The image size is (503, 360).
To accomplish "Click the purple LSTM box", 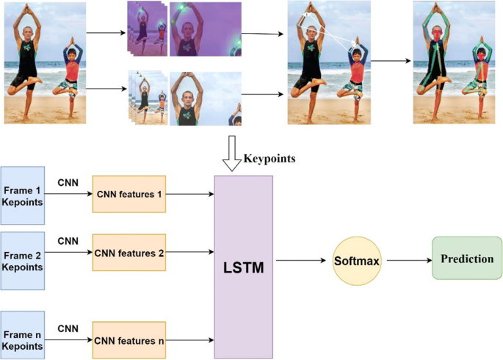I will (242, 265).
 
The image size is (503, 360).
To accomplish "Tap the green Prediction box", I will (467, 259).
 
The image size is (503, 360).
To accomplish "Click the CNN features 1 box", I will (129, 195).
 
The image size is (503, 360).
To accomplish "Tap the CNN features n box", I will (129, 340).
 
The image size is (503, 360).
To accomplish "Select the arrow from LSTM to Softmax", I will (301, 261).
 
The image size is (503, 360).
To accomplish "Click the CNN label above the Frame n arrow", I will (68, 328).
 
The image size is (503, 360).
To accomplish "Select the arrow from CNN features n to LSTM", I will (189, 340).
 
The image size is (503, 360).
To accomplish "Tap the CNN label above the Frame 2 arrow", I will (68, 240).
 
